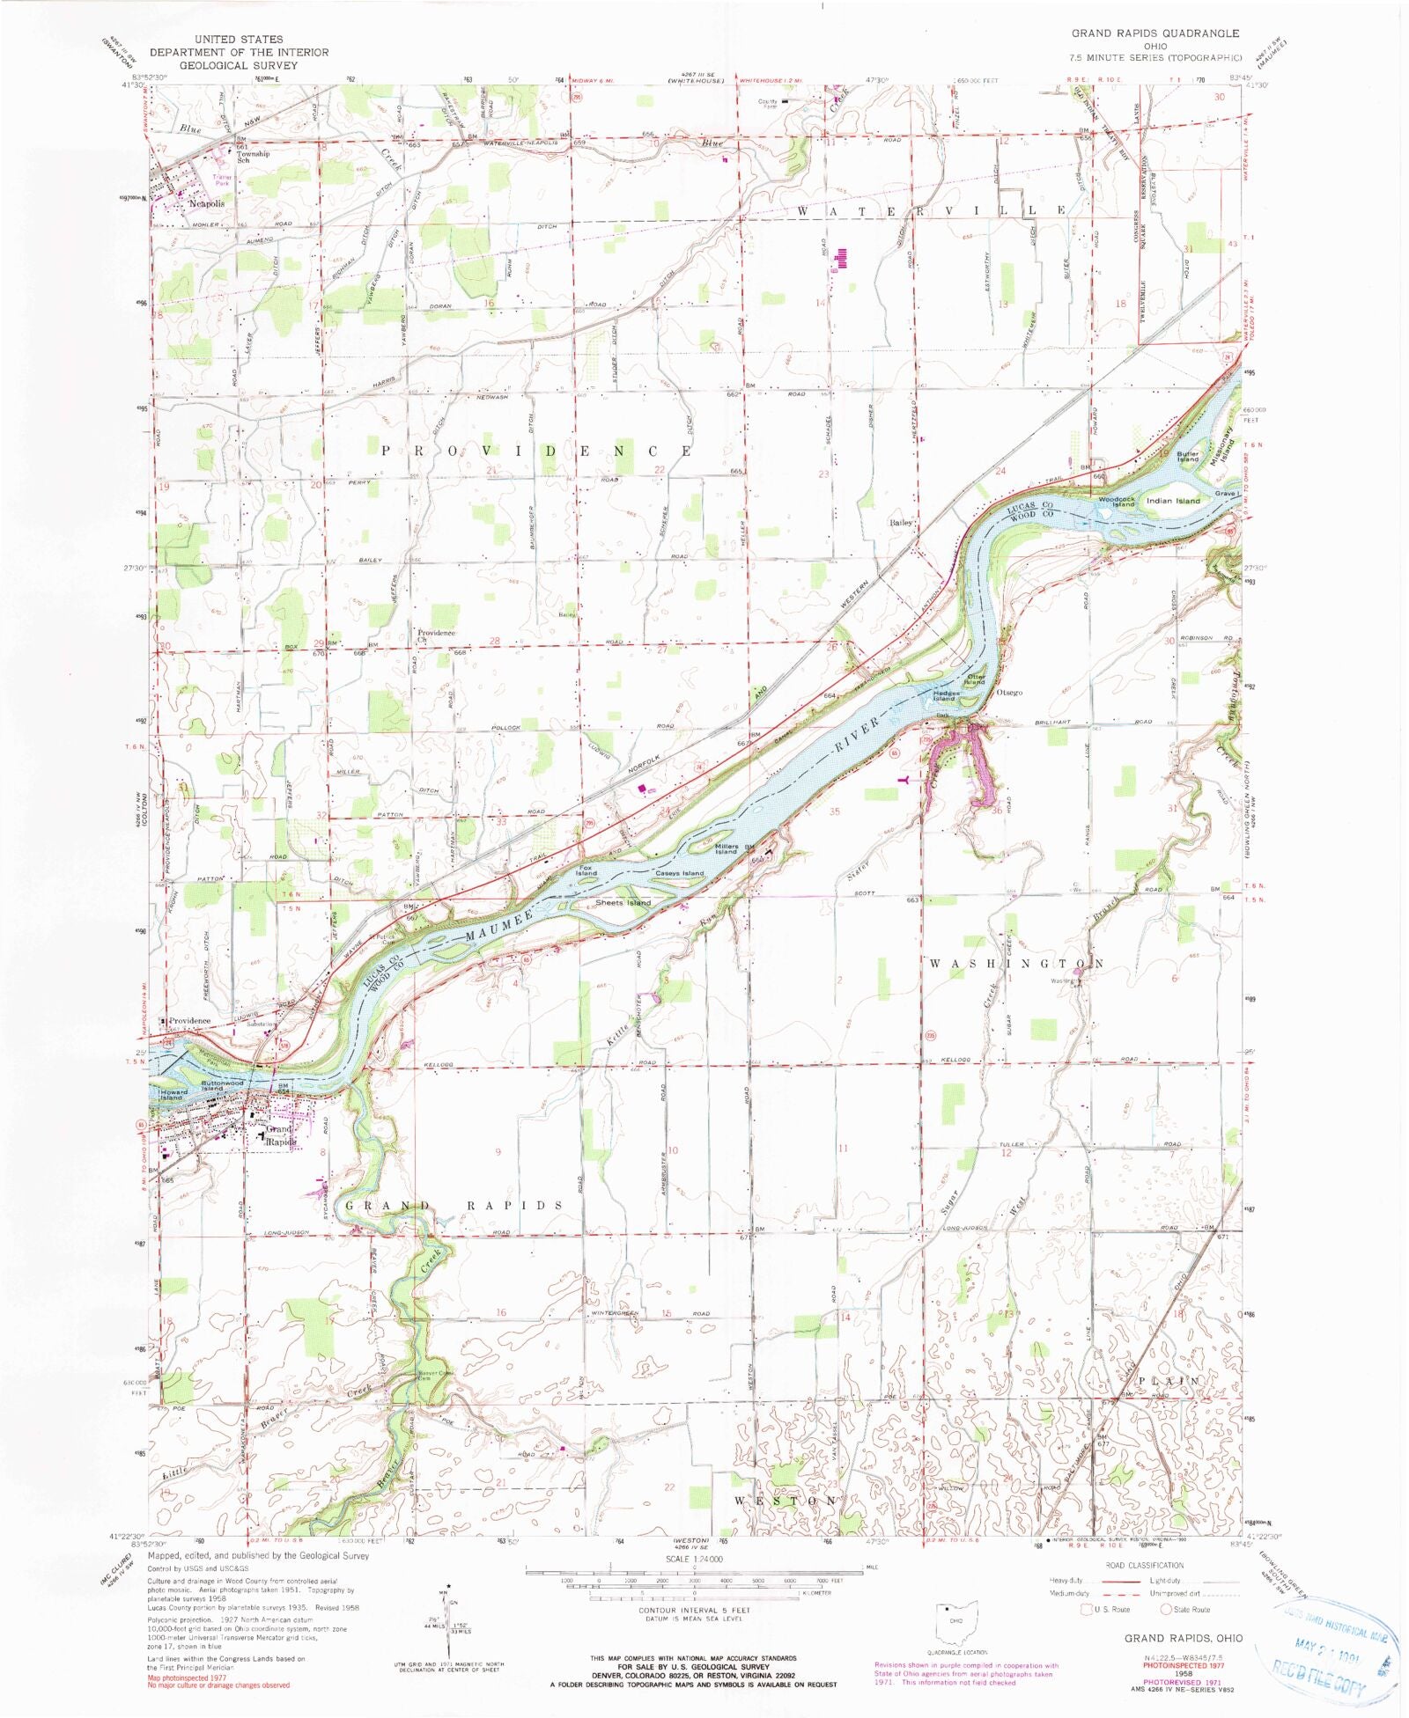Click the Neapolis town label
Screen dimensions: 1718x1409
(206, 203)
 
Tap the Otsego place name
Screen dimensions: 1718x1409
(1009, 693)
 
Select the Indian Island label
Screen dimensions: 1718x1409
(1173, 501)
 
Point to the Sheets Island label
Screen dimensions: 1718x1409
(623, 902)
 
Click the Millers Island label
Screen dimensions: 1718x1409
(726, 848)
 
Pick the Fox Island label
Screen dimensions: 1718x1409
(586, 870)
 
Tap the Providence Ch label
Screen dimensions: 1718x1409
(436, 635)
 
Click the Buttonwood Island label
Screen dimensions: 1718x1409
(222, 1085)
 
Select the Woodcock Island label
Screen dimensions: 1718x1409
(1117, 502)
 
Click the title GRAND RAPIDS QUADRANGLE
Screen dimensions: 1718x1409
(1154, 33)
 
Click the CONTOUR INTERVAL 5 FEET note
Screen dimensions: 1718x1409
(694, 1611)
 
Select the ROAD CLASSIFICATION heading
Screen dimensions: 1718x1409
(1144, 1565)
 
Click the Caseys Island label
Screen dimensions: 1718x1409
(680, 873)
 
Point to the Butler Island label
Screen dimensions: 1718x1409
(1188, 457)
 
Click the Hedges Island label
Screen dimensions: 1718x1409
(945, 695)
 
